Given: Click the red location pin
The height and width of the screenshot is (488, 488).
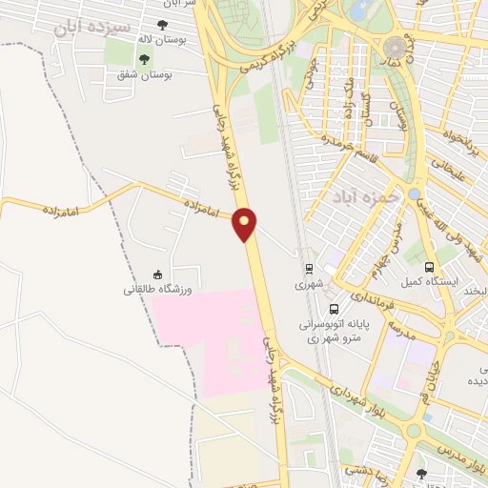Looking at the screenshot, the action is pyautogui.click(x=245, y=224).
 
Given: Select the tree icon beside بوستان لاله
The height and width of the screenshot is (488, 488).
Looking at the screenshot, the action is pyautogui.click(x=161, y=27).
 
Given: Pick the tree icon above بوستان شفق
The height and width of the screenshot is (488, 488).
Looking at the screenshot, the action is pyautogui.click(x=145, y=59).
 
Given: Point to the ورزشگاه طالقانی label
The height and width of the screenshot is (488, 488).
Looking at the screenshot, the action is pyautogui.click(x=157, y=289).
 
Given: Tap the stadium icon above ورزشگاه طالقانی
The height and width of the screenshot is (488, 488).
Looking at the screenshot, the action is pyautogui.click(x=157, y=274).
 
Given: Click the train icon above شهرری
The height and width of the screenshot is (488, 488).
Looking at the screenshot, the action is pyautogui.click(x=309, y=269).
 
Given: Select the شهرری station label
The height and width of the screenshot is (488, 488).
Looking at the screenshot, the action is pyautogui.click(x=309, y=284).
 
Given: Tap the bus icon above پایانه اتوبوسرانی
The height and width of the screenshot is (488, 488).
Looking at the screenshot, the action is pyautogui.click(x=334, y=308).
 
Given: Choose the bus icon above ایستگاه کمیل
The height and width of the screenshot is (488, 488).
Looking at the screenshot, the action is pyautogui.click(x=429, y=268).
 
